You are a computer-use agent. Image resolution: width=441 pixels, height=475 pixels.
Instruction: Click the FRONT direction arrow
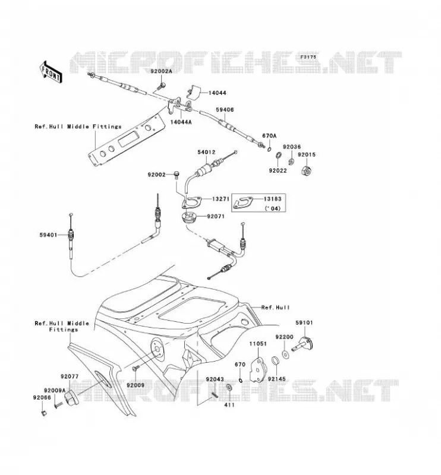[51, 72]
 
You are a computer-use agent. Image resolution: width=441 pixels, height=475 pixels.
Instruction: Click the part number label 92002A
[161, 71]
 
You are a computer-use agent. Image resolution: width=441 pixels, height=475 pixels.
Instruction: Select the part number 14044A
[181, 122]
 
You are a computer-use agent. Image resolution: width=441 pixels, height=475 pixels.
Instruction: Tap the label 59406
[225, 110]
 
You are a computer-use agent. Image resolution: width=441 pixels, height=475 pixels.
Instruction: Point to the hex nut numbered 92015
[307, 170]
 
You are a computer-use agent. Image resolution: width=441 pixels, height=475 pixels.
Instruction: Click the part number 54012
[206, 152]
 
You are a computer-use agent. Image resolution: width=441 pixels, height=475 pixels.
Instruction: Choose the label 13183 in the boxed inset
[272, 199]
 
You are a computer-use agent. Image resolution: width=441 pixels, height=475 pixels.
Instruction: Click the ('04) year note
[272, 208]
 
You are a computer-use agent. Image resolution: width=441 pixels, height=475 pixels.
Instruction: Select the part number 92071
[216, 217]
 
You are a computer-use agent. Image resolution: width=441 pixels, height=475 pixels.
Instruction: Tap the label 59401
[48, 235]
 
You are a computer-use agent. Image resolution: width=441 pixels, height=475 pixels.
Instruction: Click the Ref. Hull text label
[275, 308]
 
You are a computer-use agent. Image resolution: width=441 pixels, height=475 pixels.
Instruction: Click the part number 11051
[258, 344]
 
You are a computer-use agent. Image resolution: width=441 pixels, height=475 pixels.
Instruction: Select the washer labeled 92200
[285, 354]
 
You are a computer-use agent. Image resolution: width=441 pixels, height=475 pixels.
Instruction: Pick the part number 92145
[276, 379]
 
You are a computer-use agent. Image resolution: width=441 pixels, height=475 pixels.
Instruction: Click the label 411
[229, 405]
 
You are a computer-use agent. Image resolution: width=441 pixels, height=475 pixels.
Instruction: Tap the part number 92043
[215, 379]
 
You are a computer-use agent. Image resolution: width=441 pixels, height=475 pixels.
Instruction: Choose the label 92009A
[55, 391]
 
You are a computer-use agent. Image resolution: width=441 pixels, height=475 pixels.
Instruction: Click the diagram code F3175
[308, 56]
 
